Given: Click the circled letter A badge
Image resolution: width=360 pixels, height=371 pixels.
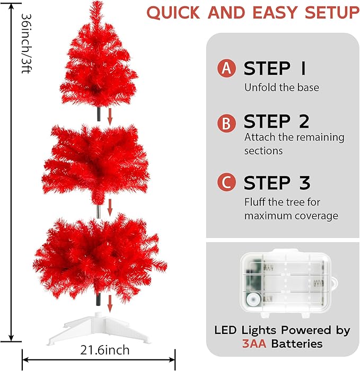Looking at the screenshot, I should pyautogui.click(x=226, y=68).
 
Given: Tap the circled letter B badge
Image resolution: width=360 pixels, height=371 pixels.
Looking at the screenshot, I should pyautogui.click(x=226, y=123).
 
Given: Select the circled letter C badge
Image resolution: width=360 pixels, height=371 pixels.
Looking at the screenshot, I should pyautogui.click(x=226, y=183).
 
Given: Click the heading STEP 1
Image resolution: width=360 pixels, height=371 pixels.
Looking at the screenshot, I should pyautogui.click(x=274, y=68).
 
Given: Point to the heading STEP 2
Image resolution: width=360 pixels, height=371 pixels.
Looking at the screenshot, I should pyautogui.click(x=276, y=122).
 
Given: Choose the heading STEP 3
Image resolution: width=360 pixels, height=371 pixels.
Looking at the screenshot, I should pyautogui.click(x=276, y=183).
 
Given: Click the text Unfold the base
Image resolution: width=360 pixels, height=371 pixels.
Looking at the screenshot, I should pyautogui.click(x=282, y=87).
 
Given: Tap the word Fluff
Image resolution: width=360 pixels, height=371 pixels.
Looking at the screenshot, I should pyautogui.click(x=256, y=202).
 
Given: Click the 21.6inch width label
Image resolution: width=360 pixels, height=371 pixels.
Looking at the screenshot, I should pyautogui.click(x=105, y=350).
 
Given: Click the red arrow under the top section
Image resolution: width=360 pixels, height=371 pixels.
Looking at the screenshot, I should pyautogui.click(x=110, y=117).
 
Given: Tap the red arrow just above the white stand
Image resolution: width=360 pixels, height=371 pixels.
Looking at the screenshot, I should pyautogui.click(x=110, y=303).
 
